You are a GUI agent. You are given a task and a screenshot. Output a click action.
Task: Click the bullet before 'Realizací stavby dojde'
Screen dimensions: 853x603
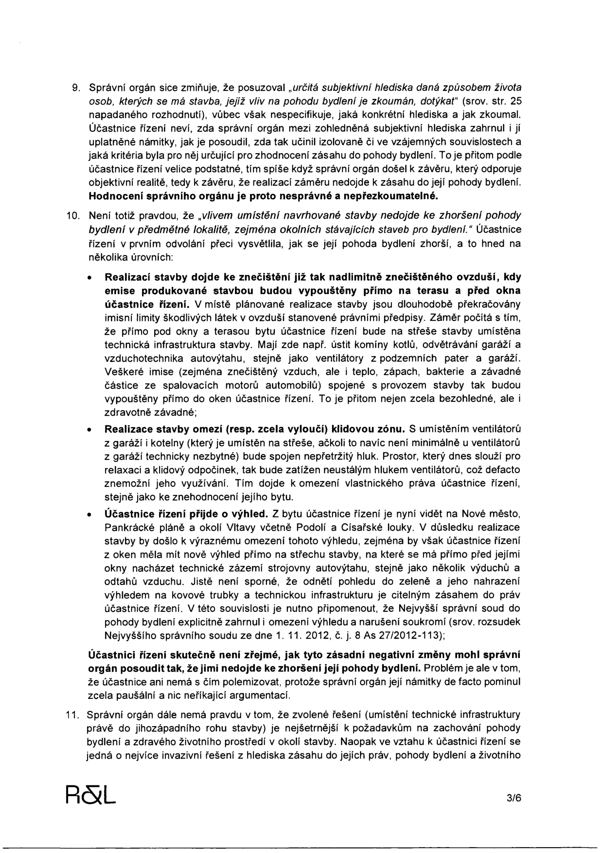click(89, 279)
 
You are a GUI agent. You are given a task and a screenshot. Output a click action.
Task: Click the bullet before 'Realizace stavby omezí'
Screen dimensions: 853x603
click(89, 430)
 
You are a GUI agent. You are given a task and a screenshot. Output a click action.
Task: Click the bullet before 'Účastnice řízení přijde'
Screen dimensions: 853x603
click(89, 514)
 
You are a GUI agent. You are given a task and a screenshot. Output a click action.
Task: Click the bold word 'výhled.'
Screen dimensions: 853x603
click(251, 514)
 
